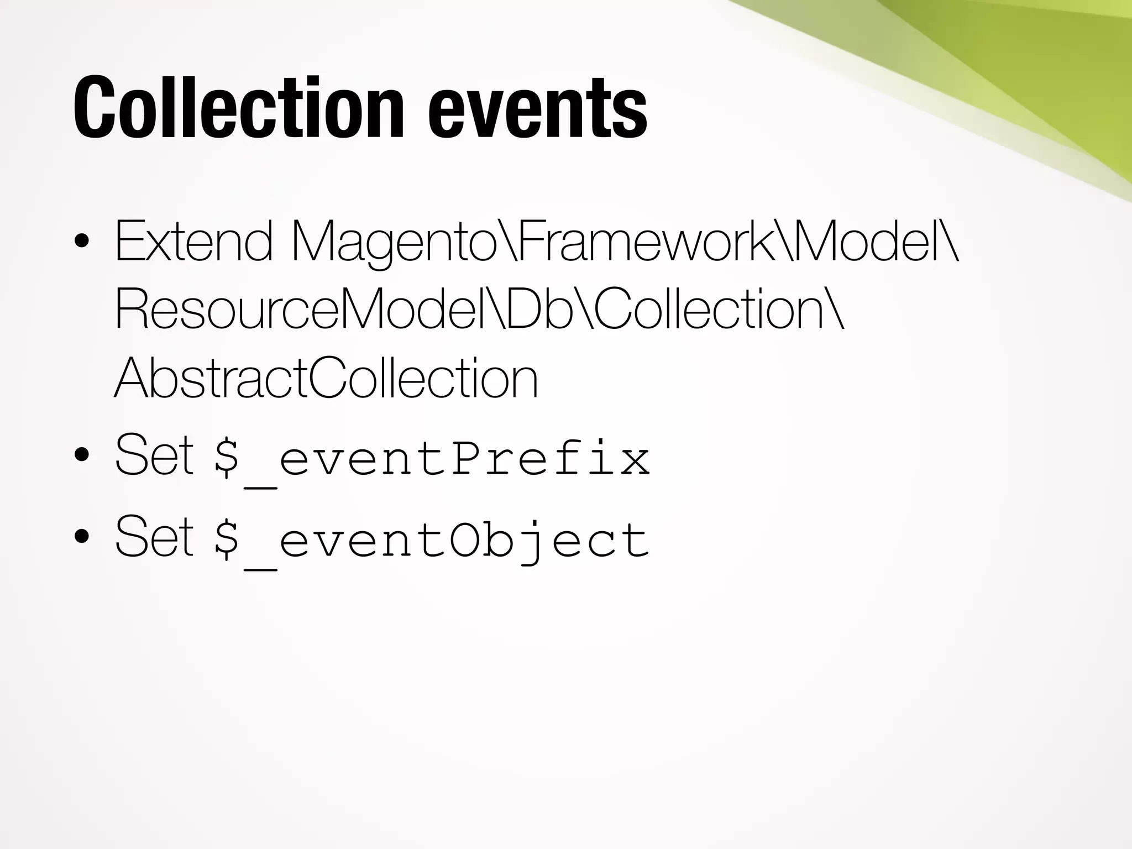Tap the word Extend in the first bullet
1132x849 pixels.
click(x=193, y=241)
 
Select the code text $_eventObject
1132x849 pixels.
click(x=431, y=541)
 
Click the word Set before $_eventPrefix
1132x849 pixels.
click(x=154, y=455)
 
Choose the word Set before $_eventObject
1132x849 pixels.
click(x=154, y=536)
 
